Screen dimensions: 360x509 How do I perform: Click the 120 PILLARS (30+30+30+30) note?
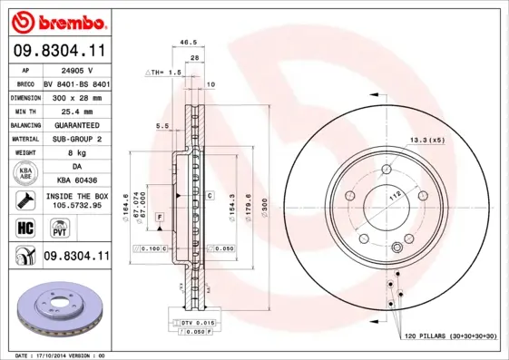[450, 336]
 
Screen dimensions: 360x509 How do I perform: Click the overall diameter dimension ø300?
[266, 209]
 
